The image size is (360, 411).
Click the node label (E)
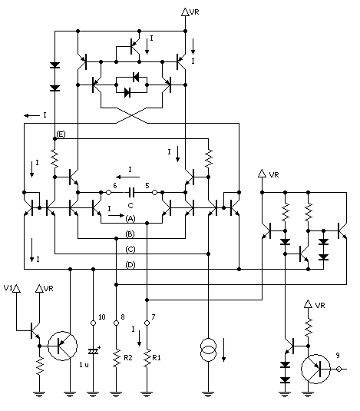click(61, 134)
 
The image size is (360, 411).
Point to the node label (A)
click(131, 218)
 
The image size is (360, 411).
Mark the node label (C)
click(131, 249)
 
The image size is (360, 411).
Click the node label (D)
click(131, 265)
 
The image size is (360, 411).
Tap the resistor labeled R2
click(115, 357)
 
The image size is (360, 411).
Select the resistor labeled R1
click(146, 357)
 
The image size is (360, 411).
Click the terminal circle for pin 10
click(93, 324)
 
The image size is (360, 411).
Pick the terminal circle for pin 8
click(115, 324)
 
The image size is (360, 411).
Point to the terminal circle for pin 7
click(146, 324)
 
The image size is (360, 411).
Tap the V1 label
click(8, 289)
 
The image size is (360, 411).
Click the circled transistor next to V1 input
click(60, 347)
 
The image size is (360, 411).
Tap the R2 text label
click(130, 357)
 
